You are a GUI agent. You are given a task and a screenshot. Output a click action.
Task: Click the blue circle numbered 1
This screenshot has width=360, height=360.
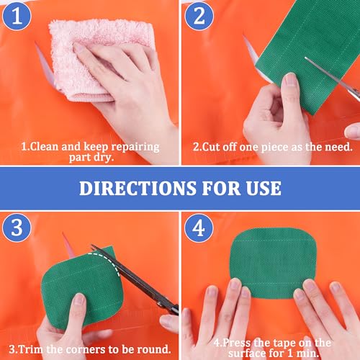17,16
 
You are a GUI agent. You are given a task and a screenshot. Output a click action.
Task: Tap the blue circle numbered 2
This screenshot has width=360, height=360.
199,16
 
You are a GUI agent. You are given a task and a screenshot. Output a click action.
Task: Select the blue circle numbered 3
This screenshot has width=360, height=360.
17,228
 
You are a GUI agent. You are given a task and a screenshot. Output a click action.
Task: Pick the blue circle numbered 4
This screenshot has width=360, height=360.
199,228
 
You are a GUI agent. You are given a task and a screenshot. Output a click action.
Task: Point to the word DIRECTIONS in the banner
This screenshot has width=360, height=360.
138,188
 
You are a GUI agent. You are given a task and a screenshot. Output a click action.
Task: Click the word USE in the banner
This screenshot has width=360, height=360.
264,188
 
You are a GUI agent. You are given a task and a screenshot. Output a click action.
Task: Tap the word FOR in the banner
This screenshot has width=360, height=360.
221,188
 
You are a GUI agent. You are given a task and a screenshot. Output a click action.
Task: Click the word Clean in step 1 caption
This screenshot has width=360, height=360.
45,146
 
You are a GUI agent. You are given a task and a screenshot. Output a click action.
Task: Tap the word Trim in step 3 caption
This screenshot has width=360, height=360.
32,349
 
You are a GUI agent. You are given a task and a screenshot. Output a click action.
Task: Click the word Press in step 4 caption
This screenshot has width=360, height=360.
237,343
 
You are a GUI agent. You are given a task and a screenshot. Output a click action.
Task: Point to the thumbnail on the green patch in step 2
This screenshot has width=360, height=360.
291,80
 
